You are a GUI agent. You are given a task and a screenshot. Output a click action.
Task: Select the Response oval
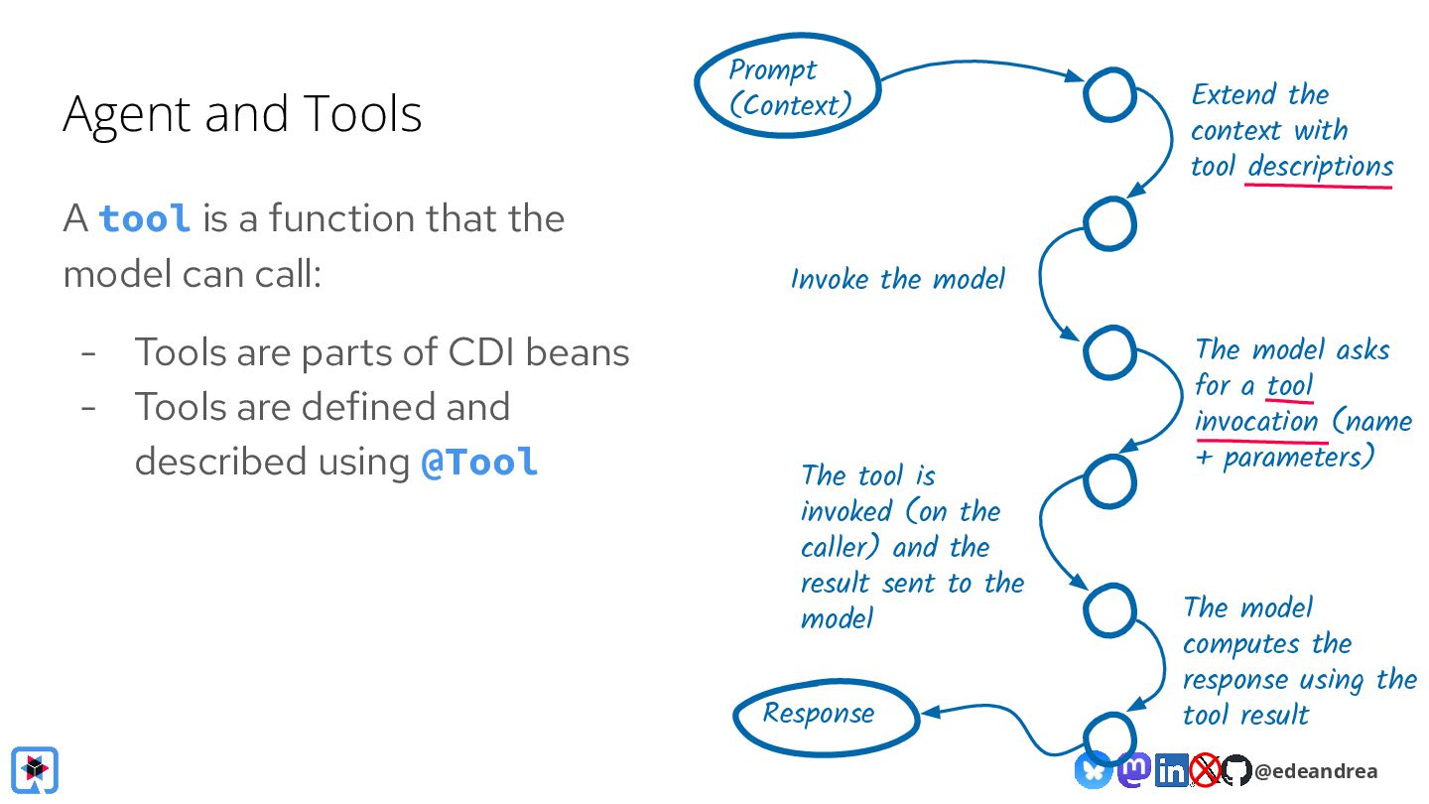(824, 714)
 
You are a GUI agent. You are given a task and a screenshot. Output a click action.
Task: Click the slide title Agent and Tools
(242, 113)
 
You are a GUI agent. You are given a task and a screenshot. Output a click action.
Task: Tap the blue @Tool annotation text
(479, 462)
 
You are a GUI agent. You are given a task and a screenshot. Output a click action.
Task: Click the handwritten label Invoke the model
(898, 279)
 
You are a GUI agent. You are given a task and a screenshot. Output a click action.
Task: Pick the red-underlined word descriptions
(1320, 167)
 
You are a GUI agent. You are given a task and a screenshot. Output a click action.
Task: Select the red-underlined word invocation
(1256, 421)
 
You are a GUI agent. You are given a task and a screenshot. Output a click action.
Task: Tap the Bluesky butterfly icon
(1094, 769)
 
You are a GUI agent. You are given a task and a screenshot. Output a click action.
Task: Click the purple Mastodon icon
(1133, 768)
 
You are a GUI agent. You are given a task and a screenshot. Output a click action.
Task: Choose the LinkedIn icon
(1172, 769)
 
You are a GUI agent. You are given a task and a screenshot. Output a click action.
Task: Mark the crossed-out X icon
(1206, 769)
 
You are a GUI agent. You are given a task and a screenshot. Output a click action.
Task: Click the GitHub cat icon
(1236, 769)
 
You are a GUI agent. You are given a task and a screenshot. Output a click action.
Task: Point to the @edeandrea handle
(1316, 771)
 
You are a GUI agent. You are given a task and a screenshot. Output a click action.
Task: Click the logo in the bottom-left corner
(35, 769)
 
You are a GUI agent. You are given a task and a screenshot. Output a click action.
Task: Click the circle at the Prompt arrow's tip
(1108, 95)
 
